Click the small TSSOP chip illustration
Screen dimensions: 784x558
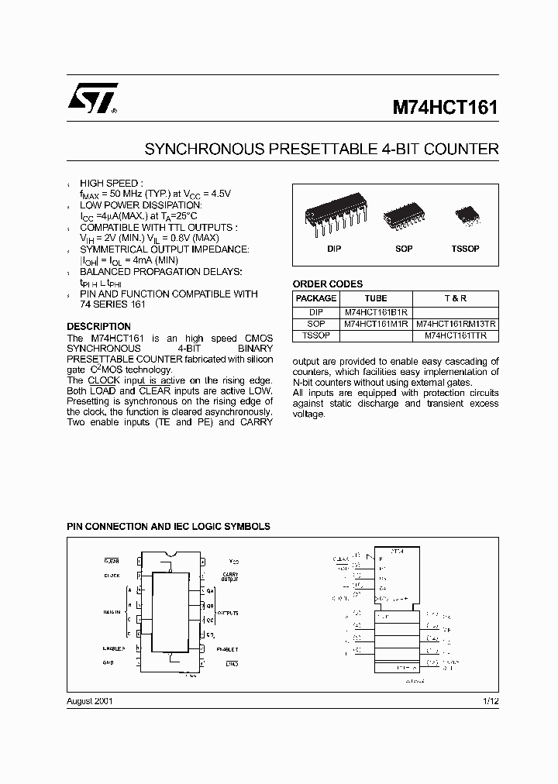tap(466, 213)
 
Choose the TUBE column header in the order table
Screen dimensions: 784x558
tap(376, 298)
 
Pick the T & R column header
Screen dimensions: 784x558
tap(456, 298)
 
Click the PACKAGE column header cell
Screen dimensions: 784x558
tap(316, 298)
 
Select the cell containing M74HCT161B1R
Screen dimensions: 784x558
tap(376, 311)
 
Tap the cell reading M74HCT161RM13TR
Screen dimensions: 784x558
tap(456, 324)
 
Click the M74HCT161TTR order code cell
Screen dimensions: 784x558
tap(456, 336)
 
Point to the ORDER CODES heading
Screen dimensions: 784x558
tap(327, 284)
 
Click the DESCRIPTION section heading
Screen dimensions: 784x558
tap(98, 327)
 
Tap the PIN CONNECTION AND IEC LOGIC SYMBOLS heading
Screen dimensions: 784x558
tap(168, 526)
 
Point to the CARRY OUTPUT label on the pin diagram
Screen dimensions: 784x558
tap(229, 577)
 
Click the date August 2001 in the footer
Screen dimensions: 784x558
tap(90, 700)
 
